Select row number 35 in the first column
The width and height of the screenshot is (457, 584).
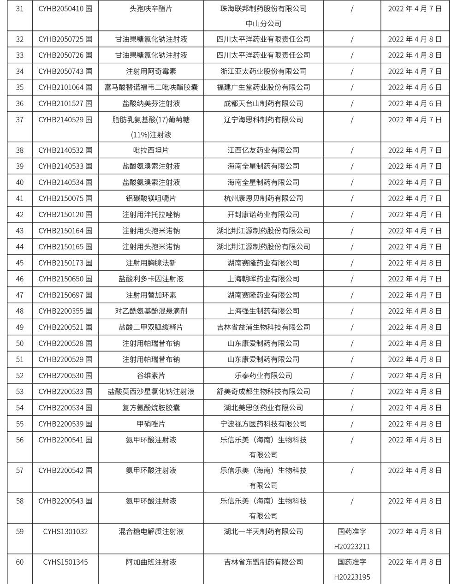(x=20, y=87)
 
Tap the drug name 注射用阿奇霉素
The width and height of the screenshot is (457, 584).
(x=151, y=71)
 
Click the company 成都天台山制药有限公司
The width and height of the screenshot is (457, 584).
(x=263, y=103)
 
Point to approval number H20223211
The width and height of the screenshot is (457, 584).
(x=352, y=547)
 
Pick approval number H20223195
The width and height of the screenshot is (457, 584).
(x=352, y=577)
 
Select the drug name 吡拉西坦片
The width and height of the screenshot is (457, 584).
(x=151, y=150)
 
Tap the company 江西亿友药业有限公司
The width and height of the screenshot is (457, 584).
(x=263, y=150)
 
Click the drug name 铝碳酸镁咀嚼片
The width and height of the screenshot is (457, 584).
(x=151, y=198)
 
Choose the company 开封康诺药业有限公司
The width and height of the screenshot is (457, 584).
(x=263, y=215)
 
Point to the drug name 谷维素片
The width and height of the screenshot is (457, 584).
(x=151, y=375)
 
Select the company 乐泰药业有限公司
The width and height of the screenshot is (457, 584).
(x=263, y=375)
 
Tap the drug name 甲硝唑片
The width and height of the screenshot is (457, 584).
(x=151, y=423)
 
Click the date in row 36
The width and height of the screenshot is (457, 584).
(x=415, y=103)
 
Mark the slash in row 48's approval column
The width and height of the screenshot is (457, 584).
(x=352, y=311)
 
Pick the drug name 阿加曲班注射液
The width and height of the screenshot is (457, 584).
(x=151, y=562)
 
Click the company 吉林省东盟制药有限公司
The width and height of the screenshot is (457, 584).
(x=263, y=562)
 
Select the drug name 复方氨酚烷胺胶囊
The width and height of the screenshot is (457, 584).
(x=151, y=408)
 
